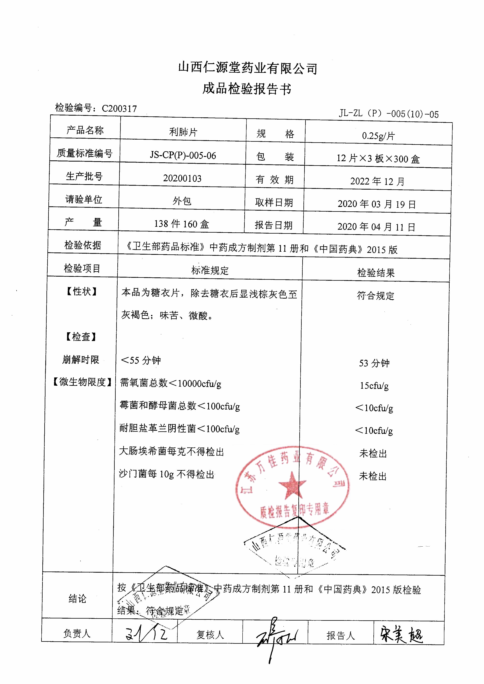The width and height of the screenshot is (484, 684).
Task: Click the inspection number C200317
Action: [x=119, y=108]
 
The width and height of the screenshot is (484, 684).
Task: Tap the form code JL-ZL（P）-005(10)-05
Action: [x=389, y=114]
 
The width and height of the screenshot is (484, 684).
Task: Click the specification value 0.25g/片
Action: [x=378, y=136]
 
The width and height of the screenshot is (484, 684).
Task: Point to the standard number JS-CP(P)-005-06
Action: [x=183, y=155]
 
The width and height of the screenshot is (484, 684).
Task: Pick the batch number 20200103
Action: [x=182, y=178]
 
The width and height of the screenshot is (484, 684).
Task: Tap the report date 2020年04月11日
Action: [x=376, y=227]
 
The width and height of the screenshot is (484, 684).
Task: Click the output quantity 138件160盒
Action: [x=182, y=224]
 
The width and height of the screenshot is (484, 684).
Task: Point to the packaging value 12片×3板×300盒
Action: [x=378, y=158]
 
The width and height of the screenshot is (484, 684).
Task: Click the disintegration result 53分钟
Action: [x=374, y=363]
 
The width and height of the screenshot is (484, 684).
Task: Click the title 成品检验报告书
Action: [x=247, y=89]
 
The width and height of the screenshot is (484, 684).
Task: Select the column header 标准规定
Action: [x=210, y=270]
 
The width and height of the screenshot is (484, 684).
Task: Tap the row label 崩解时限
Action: [x=80, y=360]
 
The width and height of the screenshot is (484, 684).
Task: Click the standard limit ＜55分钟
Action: [x=141, y=360]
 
